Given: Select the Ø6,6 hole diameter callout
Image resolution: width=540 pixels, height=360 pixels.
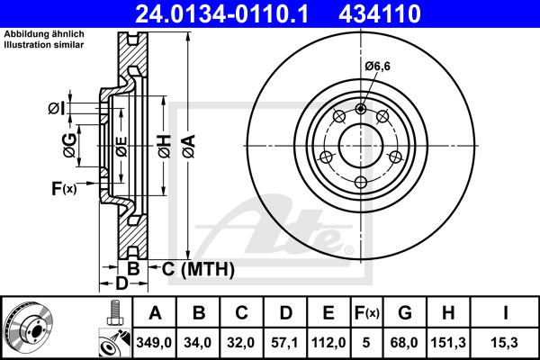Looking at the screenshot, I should click(378, 64).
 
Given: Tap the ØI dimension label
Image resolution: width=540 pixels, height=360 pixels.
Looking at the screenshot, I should click(56, 109).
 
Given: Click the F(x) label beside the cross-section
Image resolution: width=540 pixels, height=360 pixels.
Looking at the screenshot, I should click(65, 189).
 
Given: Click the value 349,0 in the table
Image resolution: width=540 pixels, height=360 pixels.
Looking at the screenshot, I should click(155, 342).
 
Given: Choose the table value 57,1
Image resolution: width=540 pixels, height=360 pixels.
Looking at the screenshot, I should click(286, 342).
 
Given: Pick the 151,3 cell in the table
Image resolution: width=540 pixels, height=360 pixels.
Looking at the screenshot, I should click(450, 342).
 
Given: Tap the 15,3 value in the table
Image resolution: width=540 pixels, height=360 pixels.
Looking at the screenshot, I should click(505, 342).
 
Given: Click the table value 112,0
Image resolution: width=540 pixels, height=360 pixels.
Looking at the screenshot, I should click(329, 342).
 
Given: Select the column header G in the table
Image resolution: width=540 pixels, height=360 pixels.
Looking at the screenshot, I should click(405, 314).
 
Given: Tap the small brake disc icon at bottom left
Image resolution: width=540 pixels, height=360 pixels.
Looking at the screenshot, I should click(29, 328).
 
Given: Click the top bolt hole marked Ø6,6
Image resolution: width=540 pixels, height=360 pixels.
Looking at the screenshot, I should click(361, 110).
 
